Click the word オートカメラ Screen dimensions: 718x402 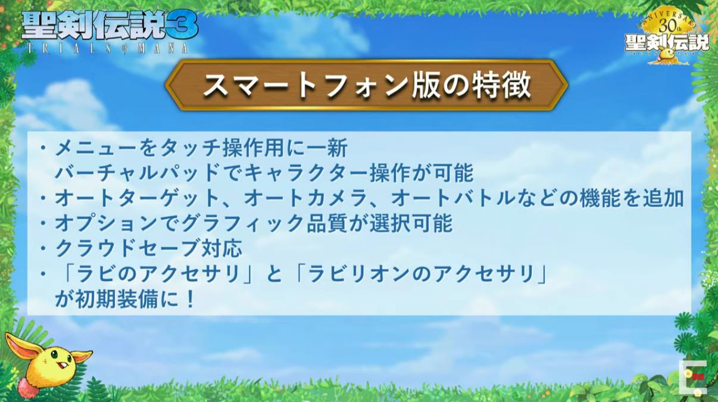[x=306, y=198]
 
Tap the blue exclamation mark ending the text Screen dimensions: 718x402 [x=191, y=300]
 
